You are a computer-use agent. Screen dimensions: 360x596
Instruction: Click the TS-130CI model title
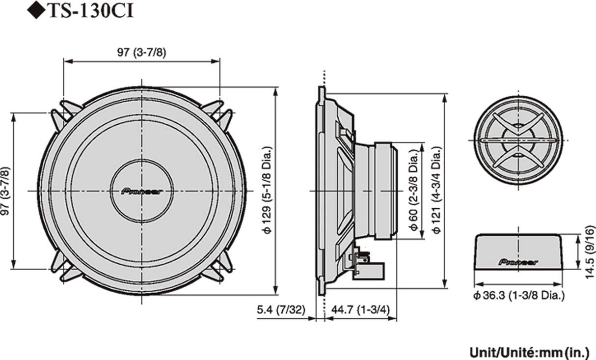91,11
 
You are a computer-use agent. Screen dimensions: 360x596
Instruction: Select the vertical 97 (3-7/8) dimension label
6,191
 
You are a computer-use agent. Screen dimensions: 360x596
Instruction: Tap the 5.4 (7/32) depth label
280,310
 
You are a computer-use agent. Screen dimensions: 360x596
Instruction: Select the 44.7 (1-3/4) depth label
360,310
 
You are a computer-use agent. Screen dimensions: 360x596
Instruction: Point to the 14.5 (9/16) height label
589,252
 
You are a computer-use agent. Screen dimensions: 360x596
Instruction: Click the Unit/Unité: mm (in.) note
529,352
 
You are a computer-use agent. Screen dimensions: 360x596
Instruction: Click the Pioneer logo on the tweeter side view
518,262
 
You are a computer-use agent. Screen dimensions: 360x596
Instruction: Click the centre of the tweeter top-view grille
518,141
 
